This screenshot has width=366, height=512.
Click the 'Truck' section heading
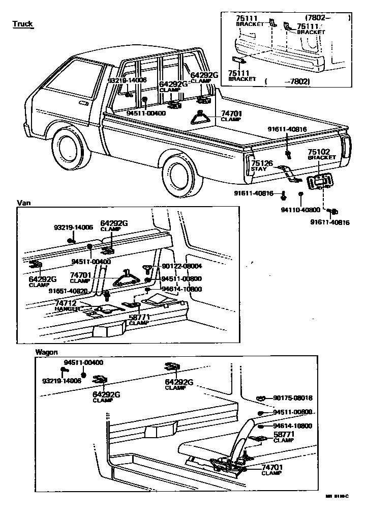(22, 24)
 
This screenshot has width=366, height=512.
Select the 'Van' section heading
(24, 203)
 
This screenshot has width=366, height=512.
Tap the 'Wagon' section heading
(46, 352)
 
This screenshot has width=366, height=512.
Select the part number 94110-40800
(300, 209)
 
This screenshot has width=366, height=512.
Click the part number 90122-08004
(182, 266)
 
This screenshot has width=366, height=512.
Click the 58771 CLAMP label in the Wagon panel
(284, 437)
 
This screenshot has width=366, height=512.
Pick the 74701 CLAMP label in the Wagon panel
(272, 470)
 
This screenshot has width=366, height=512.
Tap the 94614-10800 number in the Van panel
(181, 289)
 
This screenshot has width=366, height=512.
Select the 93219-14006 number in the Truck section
(127, 80)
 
